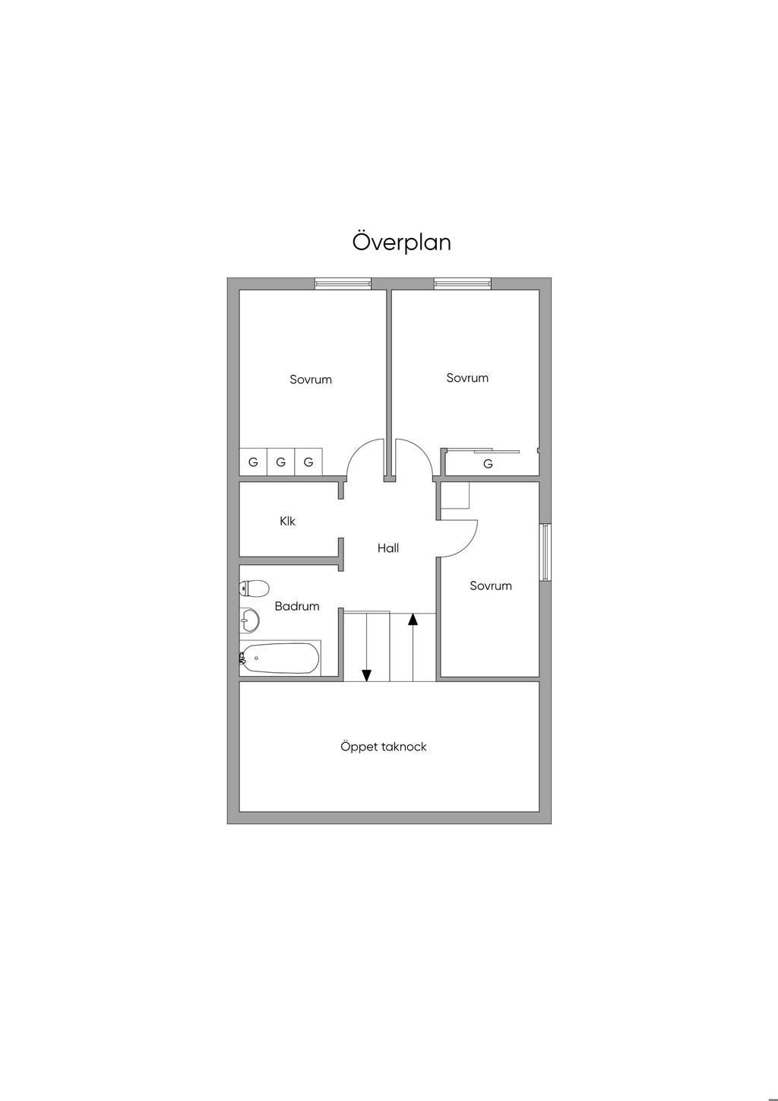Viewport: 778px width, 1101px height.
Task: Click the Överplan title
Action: pos(401,243)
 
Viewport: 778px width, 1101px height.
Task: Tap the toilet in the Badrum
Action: pos(255,588)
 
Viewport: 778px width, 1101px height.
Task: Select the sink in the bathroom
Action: pos(249,620)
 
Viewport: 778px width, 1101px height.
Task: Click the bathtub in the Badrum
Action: pos(280,658)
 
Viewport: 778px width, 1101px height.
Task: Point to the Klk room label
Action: pos(287,521)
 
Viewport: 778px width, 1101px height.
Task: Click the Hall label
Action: pos(388,548)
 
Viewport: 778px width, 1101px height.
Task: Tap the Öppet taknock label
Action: pos(384,747)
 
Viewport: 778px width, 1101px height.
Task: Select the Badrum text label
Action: pos(296,606)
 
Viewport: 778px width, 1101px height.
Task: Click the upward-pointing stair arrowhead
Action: pos(413,619)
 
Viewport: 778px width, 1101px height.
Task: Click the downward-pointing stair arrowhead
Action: pos(366,675)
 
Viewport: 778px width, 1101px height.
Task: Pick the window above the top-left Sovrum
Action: pos(343,284)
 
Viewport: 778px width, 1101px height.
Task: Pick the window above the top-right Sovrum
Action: pos(462,284)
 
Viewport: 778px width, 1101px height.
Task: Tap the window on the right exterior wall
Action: pos(546,553)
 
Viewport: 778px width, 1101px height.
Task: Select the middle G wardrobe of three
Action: pos(281,462)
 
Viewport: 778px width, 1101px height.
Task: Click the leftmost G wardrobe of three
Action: pos(253,462)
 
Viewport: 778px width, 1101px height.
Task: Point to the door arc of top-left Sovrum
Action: pos(358,449)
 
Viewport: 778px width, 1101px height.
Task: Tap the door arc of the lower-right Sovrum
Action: pos(467,547)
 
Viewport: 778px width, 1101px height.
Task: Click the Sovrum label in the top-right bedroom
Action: pos(467,378)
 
